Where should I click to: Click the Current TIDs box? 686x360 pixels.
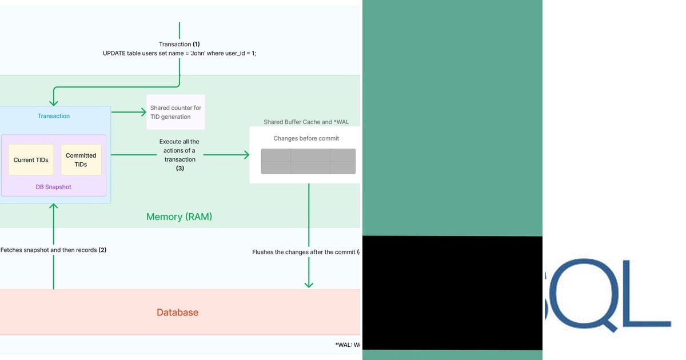point(31,160)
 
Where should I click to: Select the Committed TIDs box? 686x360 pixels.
point(81,159)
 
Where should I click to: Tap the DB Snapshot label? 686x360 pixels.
point(53,187)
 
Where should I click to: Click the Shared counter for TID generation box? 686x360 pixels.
point(176,112)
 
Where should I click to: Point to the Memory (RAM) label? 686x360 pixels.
point(179,217)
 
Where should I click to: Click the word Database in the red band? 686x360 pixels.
point(177,313)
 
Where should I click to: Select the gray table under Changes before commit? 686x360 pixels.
point(308,161)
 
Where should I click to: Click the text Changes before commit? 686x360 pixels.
point(306,138)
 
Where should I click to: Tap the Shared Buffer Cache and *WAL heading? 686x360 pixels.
point(306,122)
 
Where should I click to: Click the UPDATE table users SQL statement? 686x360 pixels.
point(180,53)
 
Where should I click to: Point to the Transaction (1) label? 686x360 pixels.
point(180,44)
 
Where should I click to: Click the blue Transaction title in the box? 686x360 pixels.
point(54,116)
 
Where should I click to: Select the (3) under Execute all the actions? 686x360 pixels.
point(180,168)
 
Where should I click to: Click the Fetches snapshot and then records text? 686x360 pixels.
point(53,250)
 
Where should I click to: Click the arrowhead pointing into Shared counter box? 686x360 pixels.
point(143,112)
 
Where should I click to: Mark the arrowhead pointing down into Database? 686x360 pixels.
point(309,284)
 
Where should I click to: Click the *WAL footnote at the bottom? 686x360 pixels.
point(348,345)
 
